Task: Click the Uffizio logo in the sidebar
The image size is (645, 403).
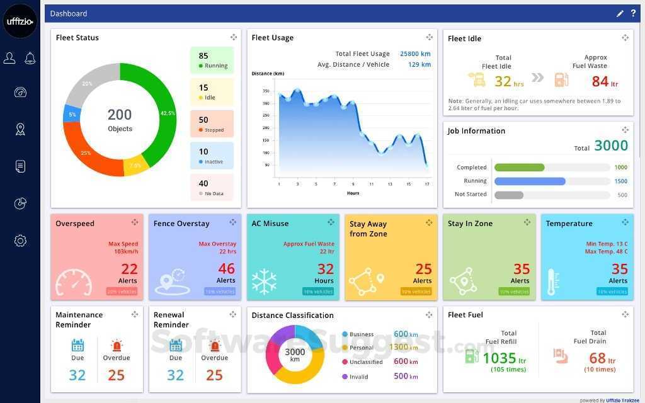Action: click(20, 21)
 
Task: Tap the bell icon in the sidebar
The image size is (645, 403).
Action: click(30, 59)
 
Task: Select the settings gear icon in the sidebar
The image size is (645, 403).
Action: click(20, 241)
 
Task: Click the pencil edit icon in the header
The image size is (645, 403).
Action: click(620, 13)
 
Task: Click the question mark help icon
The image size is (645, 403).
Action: click(633, 13)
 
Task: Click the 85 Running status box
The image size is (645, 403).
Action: click(212, 60)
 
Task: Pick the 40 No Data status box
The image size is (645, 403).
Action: click(212, 188)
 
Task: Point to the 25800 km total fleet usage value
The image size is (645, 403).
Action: click(415, 54)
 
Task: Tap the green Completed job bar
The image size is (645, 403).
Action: click(519, 167)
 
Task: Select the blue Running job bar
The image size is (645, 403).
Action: click(530, 181)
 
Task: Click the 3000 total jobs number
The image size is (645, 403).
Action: click(611, 145)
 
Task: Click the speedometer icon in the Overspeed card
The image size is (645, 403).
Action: click(74, 283)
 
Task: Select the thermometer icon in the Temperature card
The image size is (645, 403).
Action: click(553, 282)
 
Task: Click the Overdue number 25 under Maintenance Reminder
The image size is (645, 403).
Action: click(117, 375)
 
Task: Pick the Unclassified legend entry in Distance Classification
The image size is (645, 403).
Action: click(366, 362)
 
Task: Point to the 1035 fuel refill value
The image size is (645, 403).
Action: click(499, 358)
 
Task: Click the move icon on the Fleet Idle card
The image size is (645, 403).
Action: click(625, 38)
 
